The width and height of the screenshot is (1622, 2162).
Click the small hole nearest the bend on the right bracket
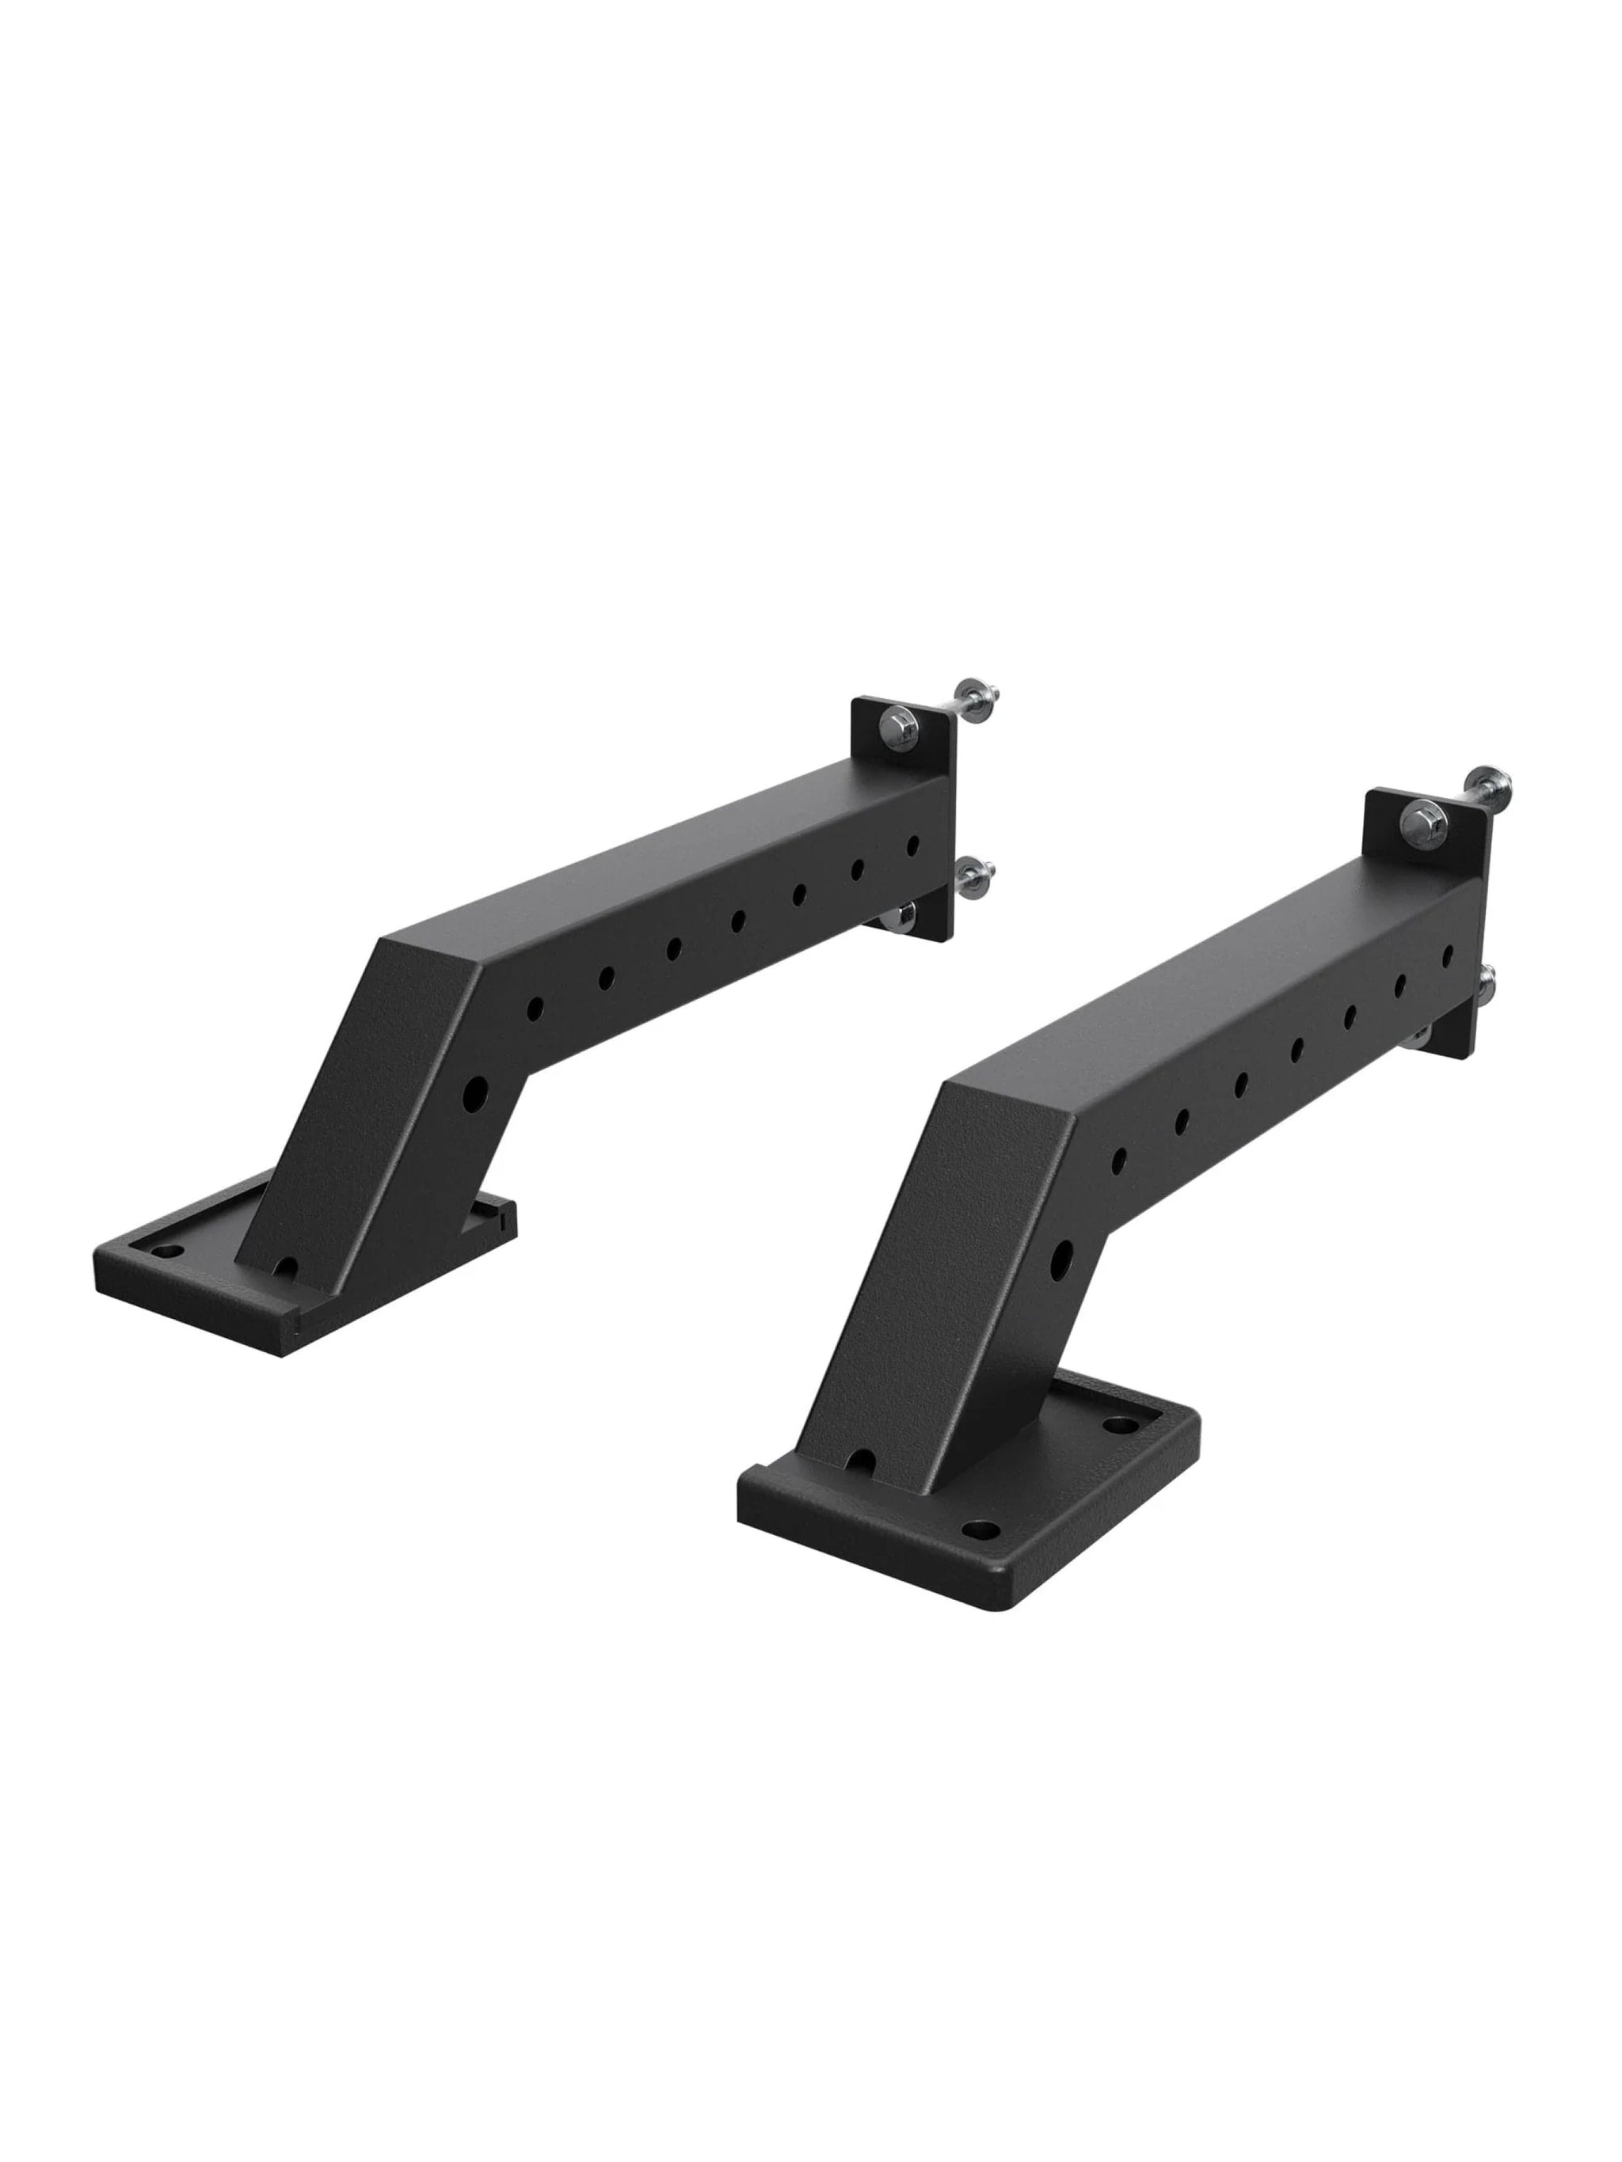point(1119,1159)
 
